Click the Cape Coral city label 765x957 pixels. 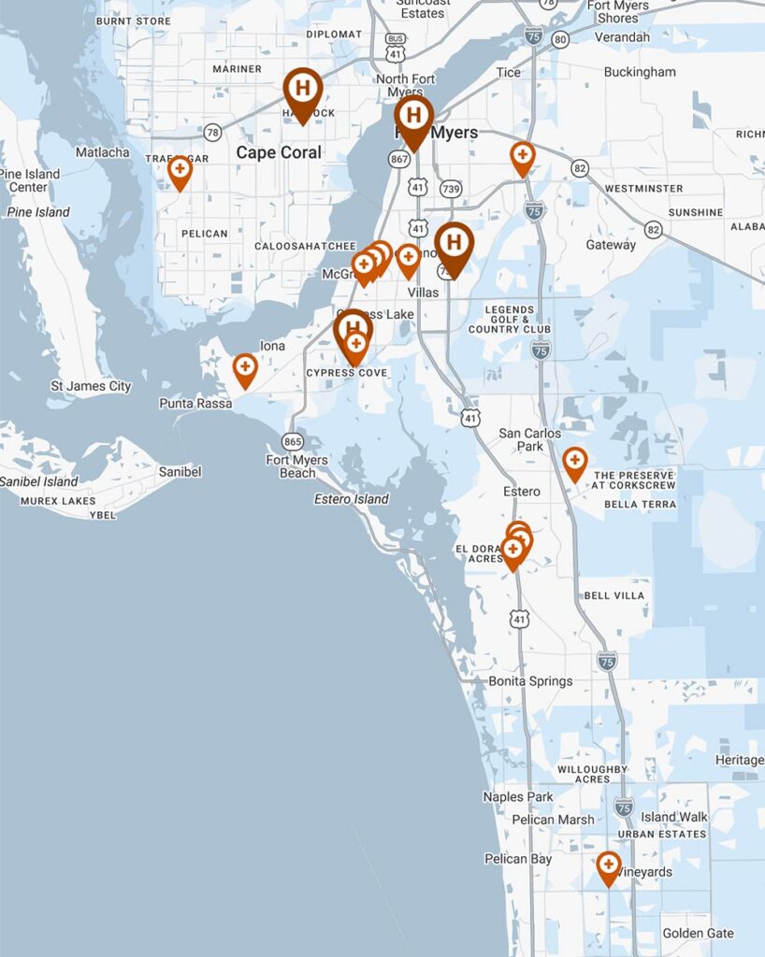(278, 152)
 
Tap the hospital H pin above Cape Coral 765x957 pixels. (303, 91)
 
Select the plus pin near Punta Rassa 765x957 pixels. (245, 368)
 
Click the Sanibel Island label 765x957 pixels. (38, 481)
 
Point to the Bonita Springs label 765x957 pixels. (530, 681)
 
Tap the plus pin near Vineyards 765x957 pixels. (609, 866)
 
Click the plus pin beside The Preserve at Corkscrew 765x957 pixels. (575, 463)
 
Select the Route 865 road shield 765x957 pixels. (293, 441)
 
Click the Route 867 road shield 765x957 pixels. (400, 160)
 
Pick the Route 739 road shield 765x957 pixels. (451, 189)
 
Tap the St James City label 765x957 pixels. (91, 386)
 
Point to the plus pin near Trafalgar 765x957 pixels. (180, 171)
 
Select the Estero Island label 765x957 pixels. (351, 499)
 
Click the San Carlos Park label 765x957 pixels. (529, 439)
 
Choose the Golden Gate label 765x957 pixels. (698, 933)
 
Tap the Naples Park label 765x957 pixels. (518, 797)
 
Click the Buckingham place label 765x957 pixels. (640, 72)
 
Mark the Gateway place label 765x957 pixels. (611, 245)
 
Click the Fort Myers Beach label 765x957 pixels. (296, 466)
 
